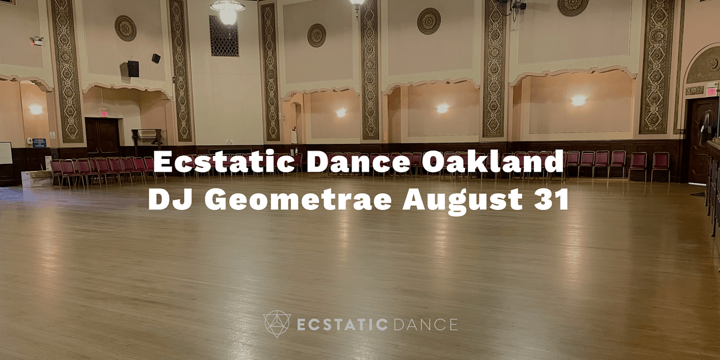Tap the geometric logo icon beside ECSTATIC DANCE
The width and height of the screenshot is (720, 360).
click(277, 324)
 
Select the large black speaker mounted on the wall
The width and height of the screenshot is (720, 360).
click(133, 68)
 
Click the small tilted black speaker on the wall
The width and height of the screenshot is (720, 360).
click(156, 58)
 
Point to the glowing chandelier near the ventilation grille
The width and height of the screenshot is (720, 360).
click(227, 11)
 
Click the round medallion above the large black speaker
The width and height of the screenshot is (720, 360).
click(125, 28)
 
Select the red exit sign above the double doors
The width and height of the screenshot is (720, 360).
click(103, 113)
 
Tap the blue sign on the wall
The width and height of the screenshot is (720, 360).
click(39, 143)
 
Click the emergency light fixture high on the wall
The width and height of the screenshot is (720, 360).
click(38, 41)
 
